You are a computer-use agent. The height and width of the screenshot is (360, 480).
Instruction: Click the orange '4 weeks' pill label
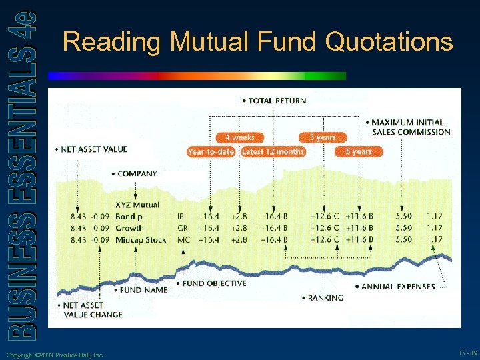[x=239, y=137]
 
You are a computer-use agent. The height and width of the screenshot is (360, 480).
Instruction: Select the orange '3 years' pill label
[x=322, y=137]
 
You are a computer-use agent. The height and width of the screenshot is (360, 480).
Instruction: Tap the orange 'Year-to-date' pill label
[x=211, y=151]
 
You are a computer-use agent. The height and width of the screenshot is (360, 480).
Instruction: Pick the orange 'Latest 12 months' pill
[x=273, y=151]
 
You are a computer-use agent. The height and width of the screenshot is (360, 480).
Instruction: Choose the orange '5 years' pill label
[x=359, y=151]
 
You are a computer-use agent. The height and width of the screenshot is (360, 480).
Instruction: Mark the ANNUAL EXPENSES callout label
[x=398, y=287]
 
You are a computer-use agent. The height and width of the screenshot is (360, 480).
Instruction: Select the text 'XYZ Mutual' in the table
[x=137, y=205]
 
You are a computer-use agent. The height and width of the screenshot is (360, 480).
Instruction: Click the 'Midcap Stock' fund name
[x=141, y=239]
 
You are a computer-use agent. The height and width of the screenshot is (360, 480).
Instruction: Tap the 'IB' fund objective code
[x=181, y=217]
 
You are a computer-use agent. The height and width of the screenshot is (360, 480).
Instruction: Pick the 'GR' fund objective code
[x=181, y=228]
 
